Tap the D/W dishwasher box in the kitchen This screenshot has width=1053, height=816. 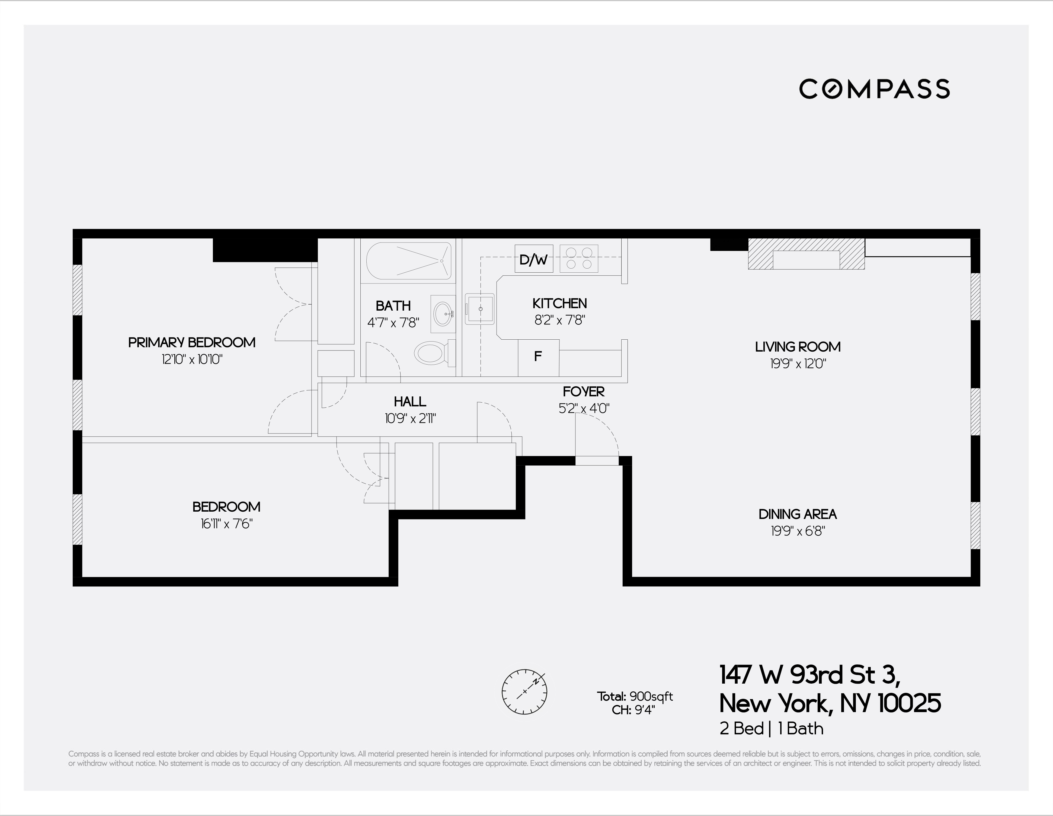pos(533,259)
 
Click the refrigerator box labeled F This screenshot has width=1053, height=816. pos(538,357)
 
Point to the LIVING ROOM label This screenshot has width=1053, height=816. pos(798,347)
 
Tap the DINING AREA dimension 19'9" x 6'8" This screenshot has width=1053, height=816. pos(798,531)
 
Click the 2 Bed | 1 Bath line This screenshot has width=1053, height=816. pos(772,728)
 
